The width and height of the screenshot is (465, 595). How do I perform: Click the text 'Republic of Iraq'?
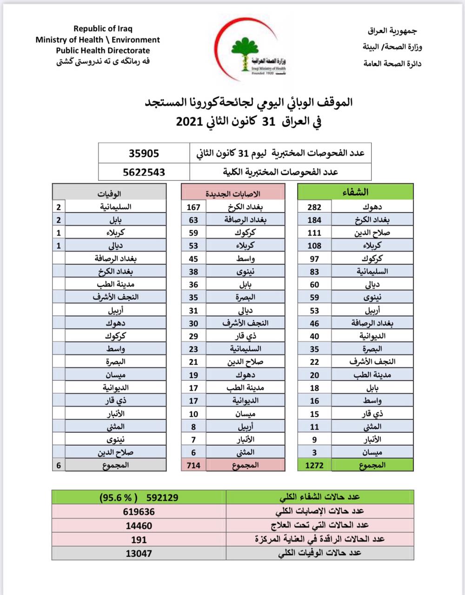[x=103, y=29]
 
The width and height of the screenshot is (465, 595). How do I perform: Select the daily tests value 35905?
[x=144, y=153]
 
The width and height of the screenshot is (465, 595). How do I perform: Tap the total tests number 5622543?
[x=144, y=172]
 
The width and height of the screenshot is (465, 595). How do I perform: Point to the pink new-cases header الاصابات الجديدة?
[x=233, y=192]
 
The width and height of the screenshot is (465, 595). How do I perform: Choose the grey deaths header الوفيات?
[x=109, y=192]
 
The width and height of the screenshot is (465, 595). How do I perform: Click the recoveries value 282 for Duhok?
[x=314, y=207]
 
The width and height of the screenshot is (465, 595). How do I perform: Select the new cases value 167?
[x=193, y=207]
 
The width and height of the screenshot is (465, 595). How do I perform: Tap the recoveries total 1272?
[x=314, y=465]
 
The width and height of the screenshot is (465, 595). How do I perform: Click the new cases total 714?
[x=193, y=465]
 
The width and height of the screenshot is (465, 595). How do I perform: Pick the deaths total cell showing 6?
[x=59, y=465]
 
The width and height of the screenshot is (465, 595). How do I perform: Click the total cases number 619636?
[x=139, y=511]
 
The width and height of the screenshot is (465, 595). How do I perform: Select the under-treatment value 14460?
[x=139, y=526]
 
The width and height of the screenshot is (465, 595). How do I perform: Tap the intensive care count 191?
[x=139, y=540]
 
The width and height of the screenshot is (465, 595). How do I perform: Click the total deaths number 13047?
[x=139, y=554]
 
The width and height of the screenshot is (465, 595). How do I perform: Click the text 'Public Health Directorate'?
[x=103, y=51]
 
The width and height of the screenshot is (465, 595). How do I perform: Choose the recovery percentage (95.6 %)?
[x=116, y=497]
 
